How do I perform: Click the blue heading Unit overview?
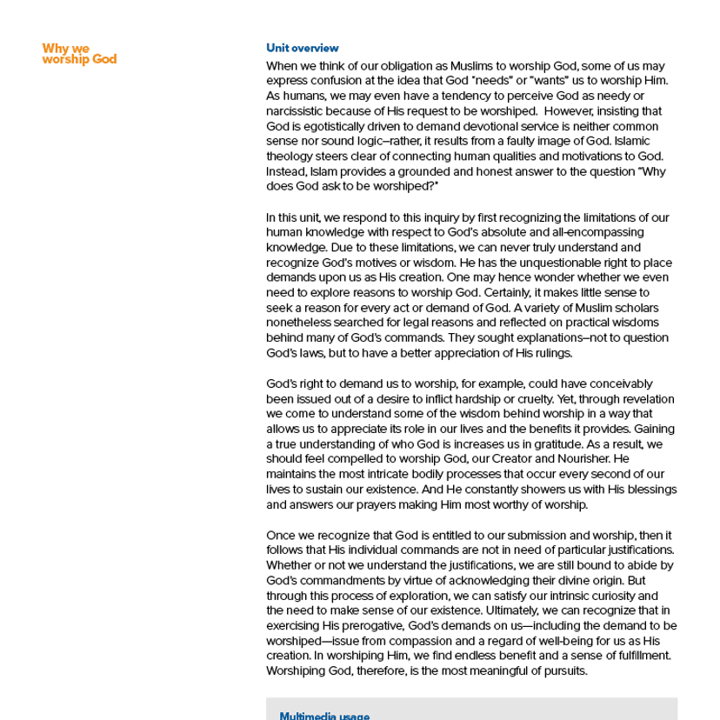(302, 49)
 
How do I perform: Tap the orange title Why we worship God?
(79, 54)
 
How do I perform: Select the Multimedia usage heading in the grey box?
(324, 716)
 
